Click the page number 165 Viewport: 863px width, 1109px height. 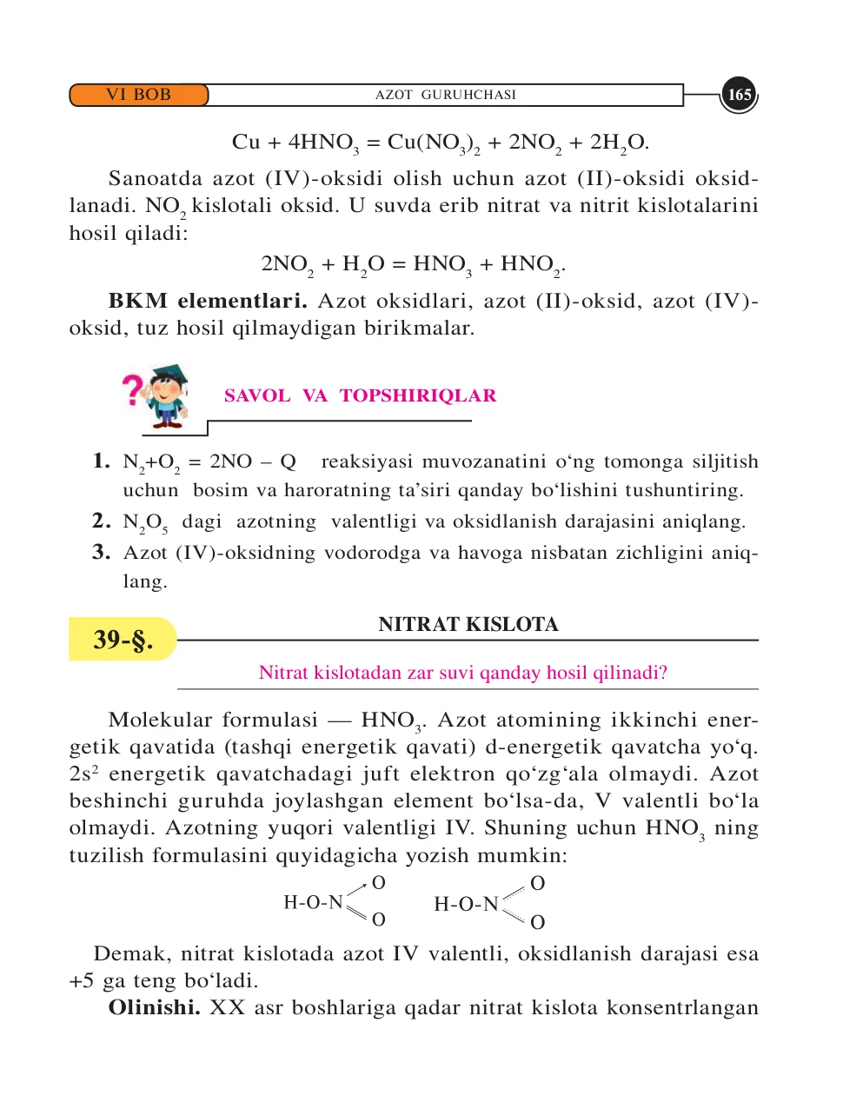coord(739,95)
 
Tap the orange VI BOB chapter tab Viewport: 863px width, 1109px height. coord(139,95)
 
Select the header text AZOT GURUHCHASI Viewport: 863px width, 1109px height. coord(445,95)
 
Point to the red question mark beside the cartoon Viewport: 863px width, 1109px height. coord(132,389)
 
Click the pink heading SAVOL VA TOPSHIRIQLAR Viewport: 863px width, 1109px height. coord(360,396)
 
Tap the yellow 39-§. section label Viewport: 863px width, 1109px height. coord(123,640)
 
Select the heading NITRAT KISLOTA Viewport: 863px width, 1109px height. coord(468,624)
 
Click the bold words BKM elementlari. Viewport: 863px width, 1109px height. coord(208,302)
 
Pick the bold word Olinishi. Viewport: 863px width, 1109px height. coord(155,1008)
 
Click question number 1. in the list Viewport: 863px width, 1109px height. coord(102,461)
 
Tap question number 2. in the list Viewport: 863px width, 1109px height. coord(102,521)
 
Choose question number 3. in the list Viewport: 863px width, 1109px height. coord(102,552)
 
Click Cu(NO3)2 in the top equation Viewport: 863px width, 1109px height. coord(434,143)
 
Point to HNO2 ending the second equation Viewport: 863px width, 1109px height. coord(532,265)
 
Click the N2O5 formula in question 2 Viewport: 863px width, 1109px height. coord(145,523)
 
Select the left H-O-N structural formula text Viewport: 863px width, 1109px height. coord(314,903)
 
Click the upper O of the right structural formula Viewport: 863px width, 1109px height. coord(537,884)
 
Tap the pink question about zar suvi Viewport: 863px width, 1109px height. coord(463,673)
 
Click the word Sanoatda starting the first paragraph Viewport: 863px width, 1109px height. coord(156,179)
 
